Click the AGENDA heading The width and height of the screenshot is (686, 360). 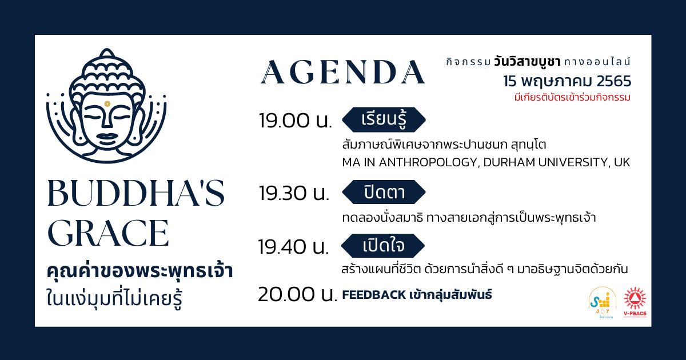coord(343,72)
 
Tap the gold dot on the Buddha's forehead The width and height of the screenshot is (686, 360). coord(107,104)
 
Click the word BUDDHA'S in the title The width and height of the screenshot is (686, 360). coord(136,193)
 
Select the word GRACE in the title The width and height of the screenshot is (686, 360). coord(108,233)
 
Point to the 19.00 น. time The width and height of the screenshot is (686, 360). coord(296,121)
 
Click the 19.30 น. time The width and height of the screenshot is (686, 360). coord(294,193)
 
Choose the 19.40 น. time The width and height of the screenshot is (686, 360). coord(293,247)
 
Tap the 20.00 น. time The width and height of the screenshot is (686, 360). coord(297,294)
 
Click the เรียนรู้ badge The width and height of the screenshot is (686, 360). coord(384,119)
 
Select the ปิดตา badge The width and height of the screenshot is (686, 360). coord(384,192)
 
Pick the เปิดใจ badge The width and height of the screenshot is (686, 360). coord(383,246)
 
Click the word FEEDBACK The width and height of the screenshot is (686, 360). coord(374,295)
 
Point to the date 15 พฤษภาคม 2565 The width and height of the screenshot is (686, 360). coord(567,81)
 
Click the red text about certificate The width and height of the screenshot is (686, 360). coord(572,97)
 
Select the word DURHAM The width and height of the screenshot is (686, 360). coord(509,162)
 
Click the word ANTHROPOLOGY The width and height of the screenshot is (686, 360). coord(428,162)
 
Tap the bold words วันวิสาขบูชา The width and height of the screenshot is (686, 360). coord(527,62)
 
